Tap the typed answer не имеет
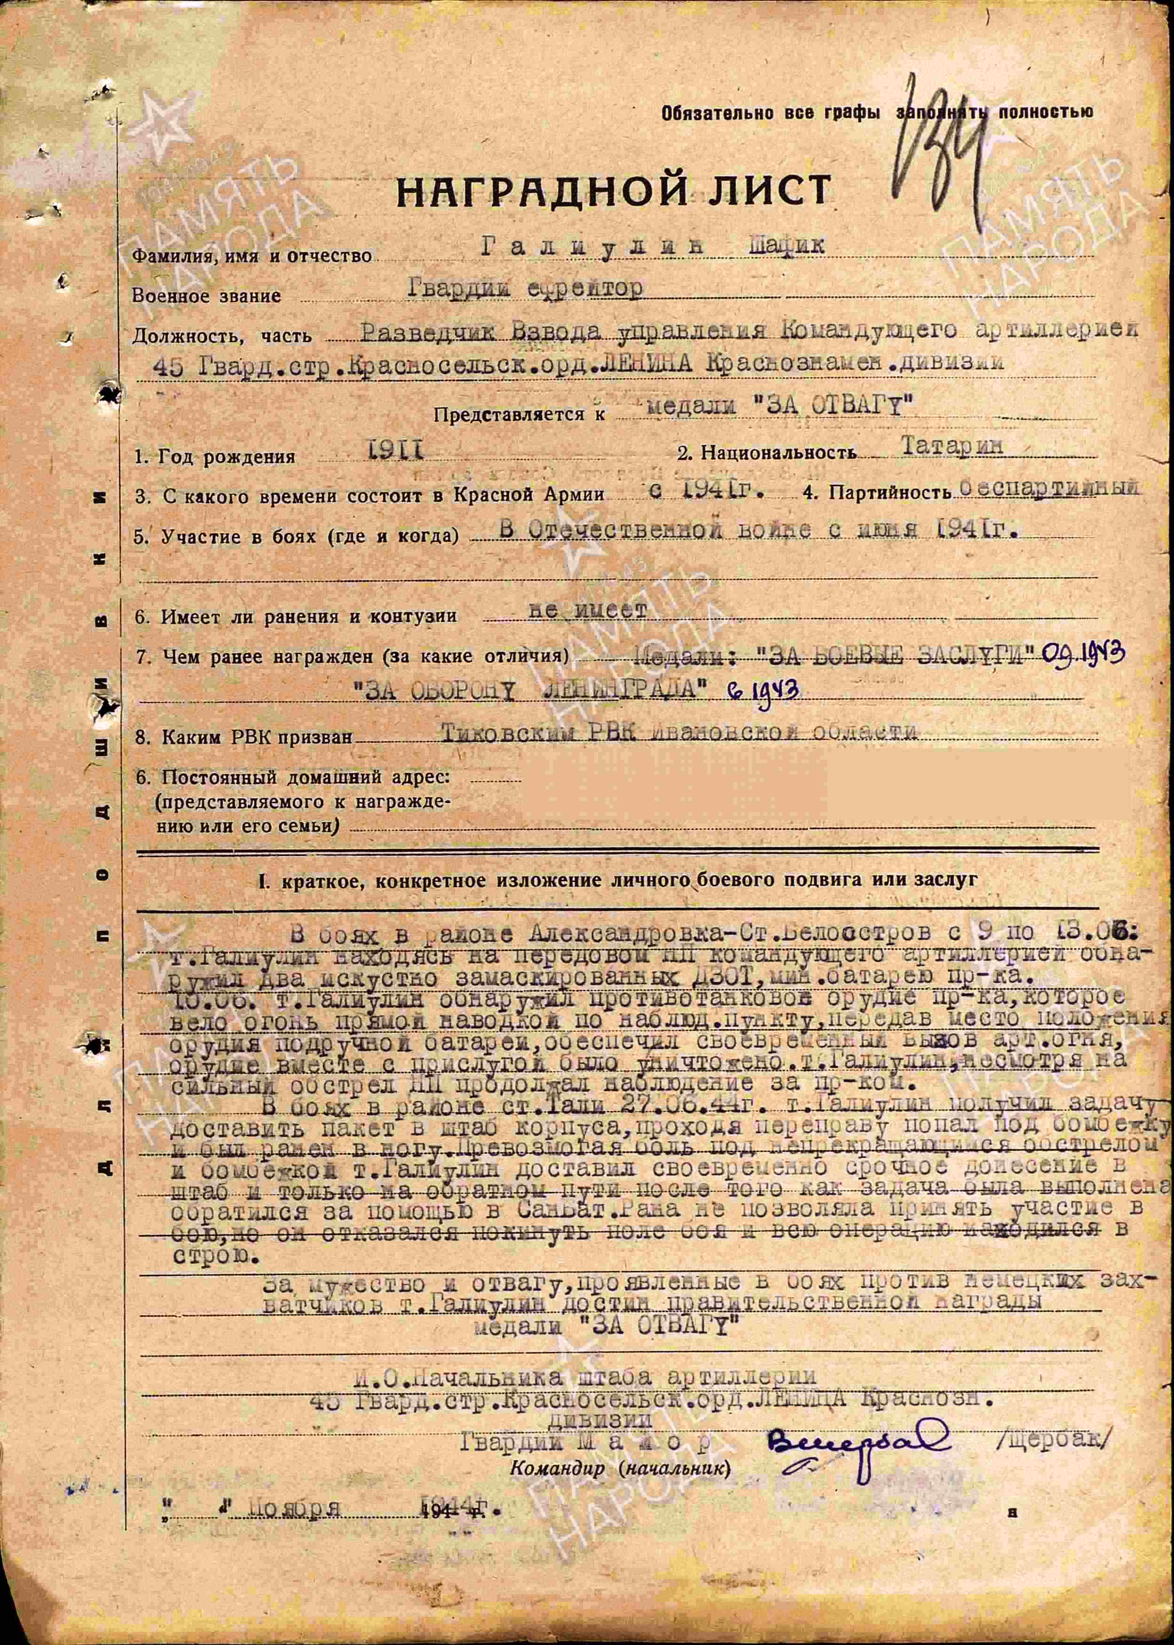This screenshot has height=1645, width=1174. click(x=587, y=611)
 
